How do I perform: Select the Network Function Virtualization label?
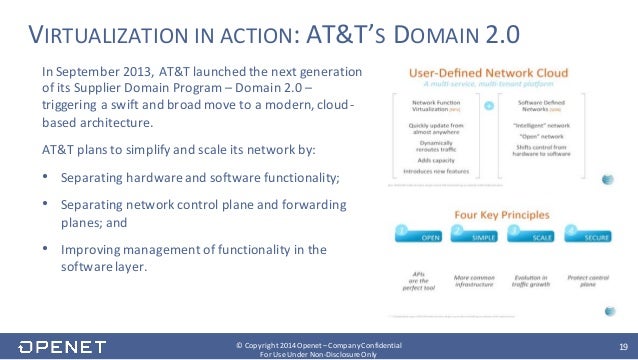tap(434, 105)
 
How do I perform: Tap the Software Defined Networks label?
tap(540, 105)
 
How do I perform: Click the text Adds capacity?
tap(434, 159)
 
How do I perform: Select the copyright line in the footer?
tap(319, 341)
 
